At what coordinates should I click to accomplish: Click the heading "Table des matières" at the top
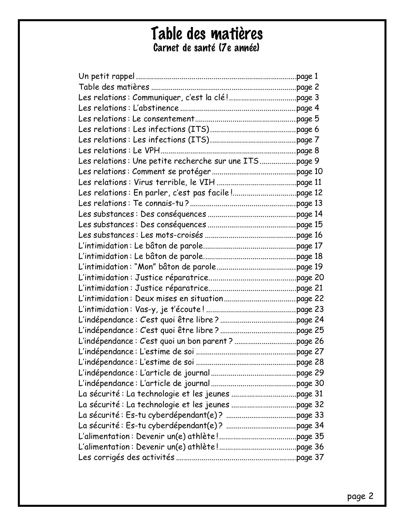(206, 34)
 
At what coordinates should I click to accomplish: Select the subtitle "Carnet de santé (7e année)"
(206, 48)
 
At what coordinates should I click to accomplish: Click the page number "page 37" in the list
(310, 458)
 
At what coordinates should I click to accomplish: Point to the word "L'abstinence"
(156, 108)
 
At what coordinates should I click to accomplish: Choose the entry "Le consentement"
(163, 119)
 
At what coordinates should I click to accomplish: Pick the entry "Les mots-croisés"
(172, 235)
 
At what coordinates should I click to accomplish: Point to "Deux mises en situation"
(179, 299)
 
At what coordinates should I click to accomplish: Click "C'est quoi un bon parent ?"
(186, 341)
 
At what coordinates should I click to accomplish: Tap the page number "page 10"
(310, 172)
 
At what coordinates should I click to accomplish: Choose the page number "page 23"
(310, 309)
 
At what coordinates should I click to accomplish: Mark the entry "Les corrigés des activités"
(126, 458)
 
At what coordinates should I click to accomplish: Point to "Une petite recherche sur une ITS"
(195, 161)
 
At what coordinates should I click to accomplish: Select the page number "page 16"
(310, 235)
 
